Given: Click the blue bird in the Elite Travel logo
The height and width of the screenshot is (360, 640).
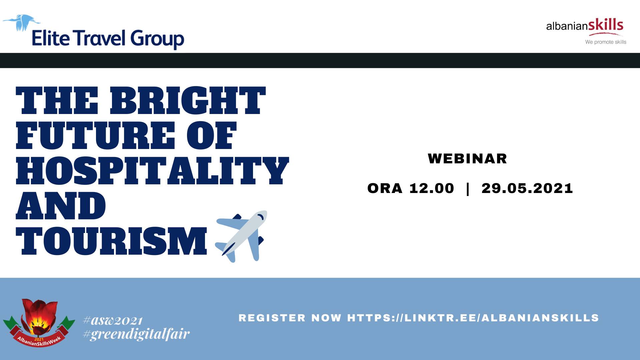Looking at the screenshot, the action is click(22, 23).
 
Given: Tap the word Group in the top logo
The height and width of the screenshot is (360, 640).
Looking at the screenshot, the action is click(157, 39).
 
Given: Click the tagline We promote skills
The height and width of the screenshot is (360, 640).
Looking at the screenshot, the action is click(606, 42).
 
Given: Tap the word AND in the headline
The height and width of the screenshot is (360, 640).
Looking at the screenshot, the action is click(61, 205).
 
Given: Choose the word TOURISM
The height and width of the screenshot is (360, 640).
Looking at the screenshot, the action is click(111, 241).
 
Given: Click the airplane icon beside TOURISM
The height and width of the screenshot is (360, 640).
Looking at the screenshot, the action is click(241, 236).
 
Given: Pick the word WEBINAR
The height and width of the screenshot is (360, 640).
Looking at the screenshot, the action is click(467, 159).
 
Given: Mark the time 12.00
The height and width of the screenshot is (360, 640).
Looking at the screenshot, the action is click(432, 188).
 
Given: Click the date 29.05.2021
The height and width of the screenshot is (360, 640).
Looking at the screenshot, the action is click(527, 188).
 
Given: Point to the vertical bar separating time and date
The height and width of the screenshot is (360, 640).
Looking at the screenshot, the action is click(468, 189).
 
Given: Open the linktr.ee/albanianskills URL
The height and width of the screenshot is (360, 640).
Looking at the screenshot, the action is click(473, 318).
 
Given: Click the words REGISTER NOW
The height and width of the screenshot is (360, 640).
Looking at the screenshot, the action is click(290, 318).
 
